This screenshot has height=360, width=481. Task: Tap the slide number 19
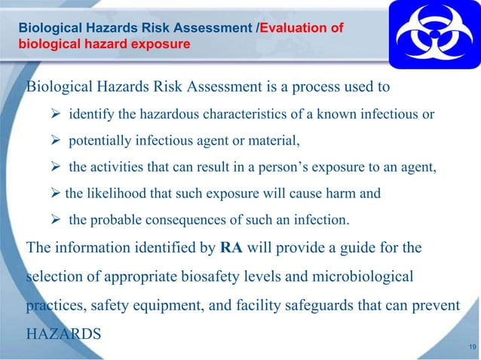472,346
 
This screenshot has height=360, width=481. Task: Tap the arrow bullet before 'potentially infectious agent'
56,140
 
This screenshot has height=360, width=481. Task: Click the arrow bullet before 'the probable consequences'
56,220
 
